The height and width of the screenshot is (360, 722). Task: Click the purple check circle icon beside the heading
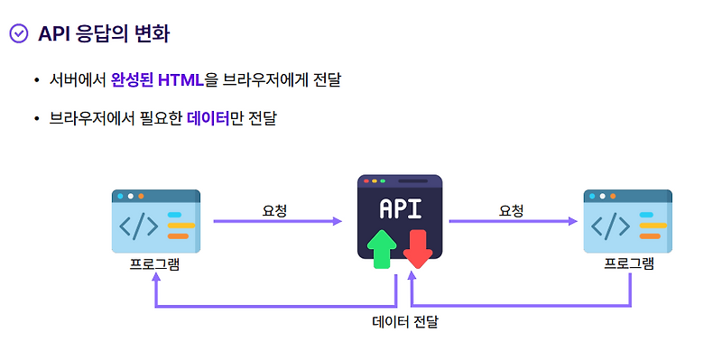19,34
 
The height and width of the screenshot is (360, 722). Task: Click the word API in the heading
54,34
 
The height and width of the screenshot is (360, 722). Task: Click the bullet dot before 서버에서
36,81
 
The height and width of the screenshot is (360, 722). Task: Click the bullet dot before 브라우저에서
36,119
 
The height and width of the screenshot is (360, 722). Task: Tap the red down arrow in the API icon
418,248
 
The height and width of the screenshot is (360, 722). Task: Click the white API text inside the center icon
400,209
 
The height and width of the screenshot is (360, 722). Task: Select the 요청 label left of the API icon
275,210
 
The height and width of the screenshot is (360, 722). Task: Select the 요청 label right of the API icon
512,210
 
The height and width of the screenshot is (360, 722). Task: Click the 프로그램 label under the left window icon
155,264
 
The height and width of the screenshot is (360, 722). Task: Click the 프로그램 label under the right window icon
629,264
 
